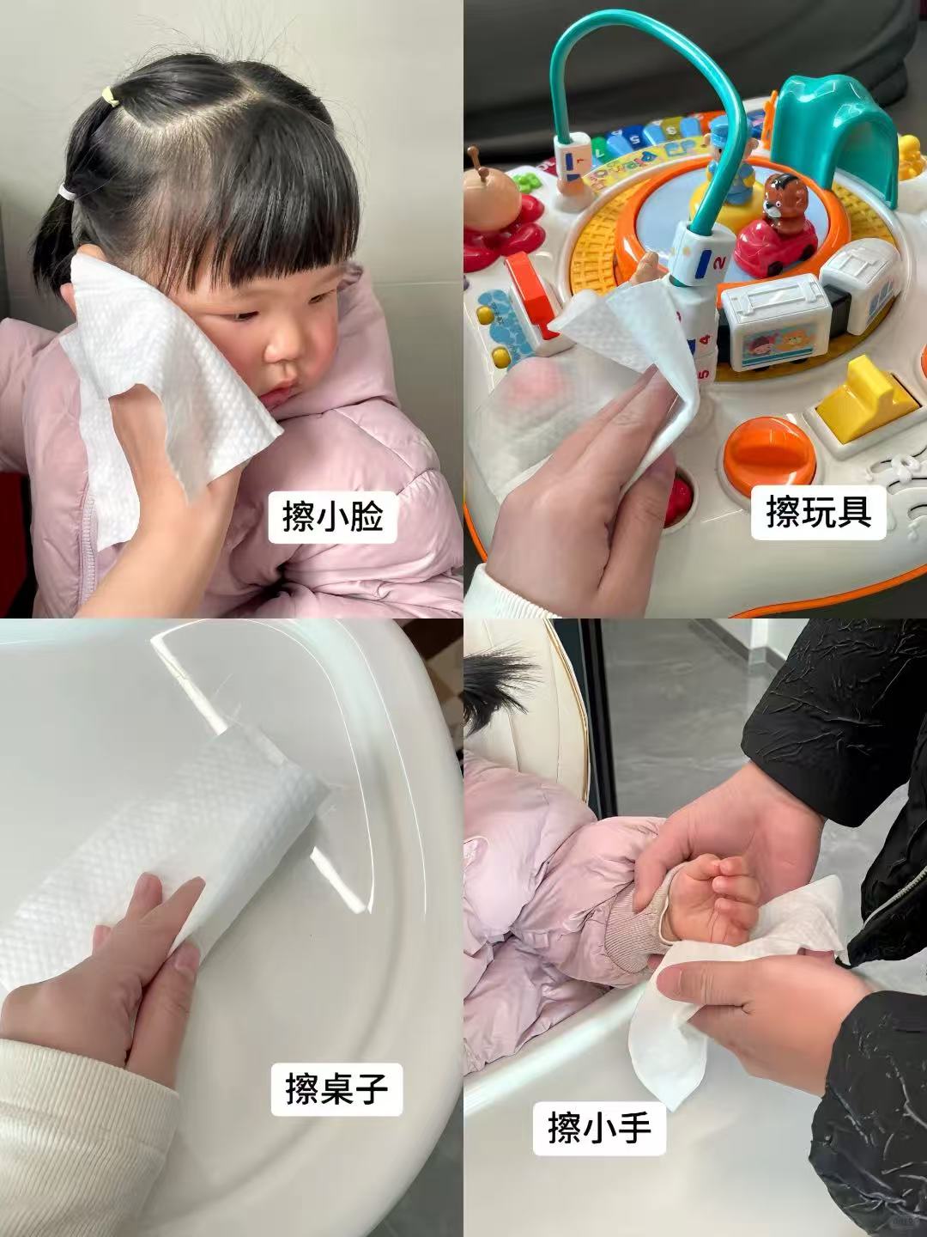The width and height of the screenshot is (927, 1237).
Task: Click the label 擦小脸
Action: click(x=332, y=516)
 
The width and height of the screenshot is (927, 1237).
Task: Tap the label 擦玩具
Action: click(x=818, y=513)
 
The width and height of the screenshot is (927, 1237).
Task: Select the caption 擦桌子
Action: click(x=336, y=1089)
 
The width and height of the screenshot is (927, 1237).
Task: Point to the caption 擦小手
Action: click(x=598, y=1126)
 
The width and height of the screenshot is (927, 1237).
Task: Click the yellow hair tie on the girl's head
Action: click(x=108, y=94)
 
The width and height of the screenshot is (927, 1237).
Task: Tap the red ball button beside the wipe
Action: click(x=678, y=499)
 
